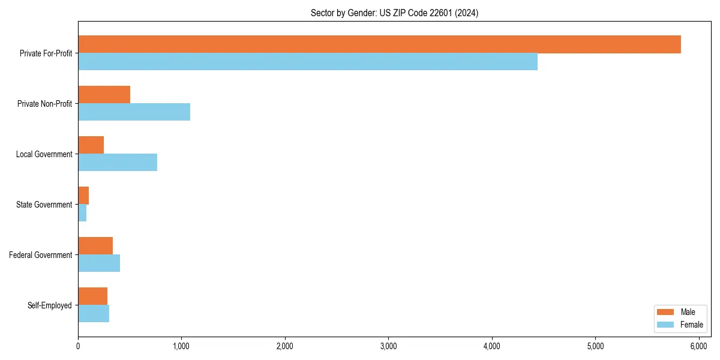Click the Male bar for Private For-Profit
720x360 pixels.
(379, 44)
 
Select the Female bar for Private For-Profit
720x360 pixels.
(308, 62)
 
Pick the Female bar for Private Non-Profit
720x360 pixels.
(134, 112)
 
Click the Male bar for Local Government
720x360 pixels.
(91, 145)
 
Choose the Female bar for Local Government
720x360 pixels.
(118, 163)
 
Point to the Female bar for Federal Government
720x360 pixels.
(99, 263)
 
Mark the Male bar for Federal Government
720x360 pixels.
(95, 246)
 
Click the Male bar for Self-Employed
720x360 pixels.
(92, 296)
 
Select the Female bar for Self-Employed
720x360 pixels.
(94, 314)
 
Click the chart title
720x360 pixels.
(394, 13)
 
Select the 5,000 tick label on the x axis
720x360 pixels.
(595, 346)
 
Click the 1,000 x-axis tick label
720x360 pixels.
(181, 346)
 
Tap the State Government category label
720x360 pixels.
(44, 205)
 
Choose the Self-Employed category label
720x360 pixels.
(50, 305)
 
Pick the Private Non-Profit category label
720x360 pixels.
(44, 104)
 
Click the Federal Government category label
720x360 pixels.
(41, 255)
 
